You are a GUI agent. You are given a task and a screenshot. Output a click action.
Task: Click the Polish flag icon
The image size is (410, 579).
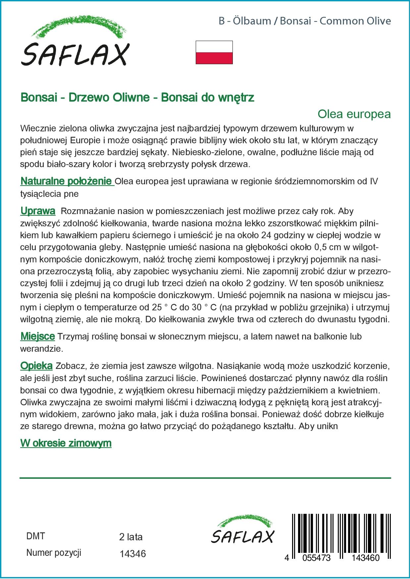tap(214, 52)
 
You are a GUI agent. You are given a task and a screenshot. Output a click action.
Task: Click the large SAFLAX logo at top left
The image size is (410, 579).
tap(75, 43)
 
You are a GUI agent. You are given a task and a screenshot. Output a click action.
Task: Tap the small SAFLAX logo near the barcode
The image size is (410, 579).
tap(243, 530)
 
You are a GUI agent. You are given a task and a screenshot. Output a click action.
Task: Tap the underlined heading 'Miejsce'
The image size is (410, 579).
tap(37, 336)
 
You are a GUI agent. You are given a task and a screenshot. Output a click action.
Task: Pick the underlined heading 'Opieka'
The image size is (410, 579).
tap(36, 366)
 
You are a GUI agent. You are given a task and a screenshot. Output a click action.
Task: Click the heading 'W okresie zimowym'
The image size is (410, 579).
tap(66, 443)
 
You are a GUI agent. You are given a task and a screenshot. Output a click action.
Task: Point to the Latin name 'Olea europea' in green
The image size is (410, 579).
tap(354, 114)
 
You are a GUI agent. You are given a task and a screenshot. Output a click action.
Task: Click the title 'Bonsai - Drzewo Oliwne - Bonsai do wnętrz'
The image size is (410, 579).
tap(137, 98)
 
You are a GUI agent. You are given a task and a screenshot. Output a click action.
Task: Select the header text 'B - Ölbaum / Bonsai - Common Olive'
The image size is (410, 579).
tap(305, 21)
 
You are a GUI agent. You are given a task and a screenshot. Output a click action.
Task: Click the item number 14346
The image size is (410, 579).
tap(132, 554)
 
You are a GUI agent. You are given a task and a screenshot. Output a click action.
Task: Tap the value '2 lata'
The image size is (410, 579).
tap(131, 537)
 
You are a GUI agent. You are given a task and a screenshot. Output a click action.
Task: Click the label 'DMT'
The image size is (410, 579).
tap(35, 536)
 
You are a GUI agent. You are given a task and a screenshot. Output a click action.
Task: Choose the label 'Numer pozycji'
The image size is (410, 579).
tap(54, 553)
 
